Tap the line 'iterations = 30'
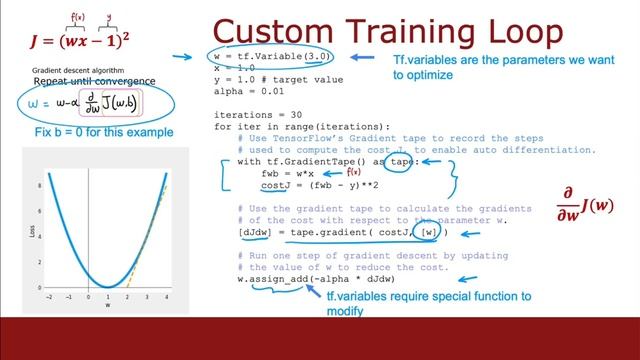tap(253, 114)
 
